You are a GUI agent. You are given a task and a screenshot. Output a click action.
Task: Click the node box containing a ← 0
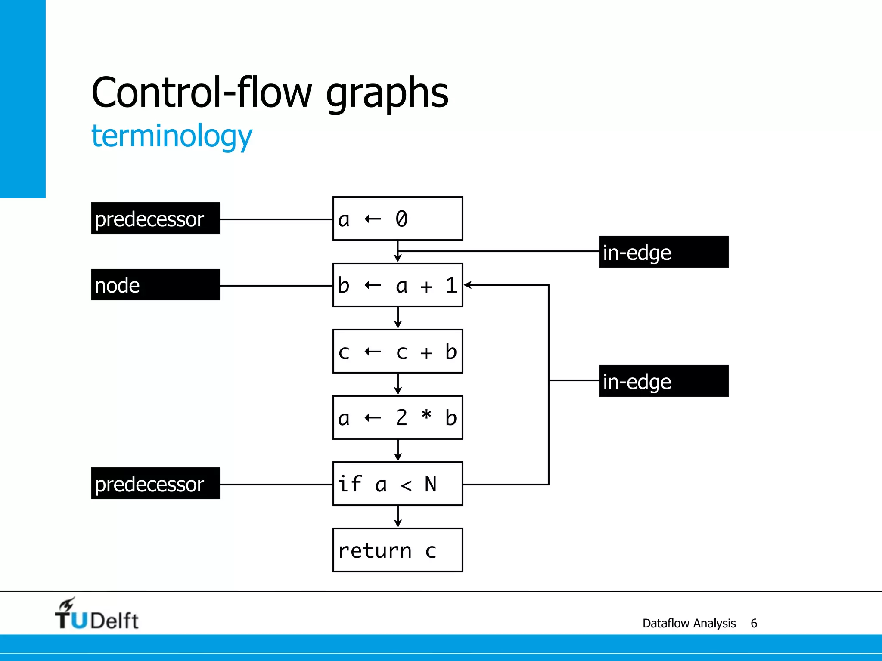pos(398,219)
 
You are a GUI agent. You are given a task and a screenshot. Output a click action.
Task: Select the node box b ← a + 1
pos(398,285)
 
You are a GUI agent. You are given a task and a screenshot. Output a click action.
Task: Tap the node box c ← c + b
pos(398,351)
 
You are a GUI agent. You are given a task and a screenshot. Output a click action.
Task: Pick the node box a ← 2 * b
pos(398,417)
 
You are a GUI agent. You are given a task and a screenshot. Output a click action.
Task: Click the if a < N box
pos(398,484)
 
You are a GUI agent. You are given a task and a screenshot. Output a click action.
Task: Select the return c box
pos(398,550)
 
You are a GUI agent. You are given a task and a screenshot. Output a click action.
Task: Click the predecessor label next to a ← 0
pos(155,219)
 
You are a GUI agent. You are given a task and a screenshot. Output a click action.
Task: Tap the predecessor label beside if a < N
pos(155,484)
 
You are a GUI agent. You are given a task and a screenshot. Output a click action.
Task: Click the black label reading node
pos(155,285)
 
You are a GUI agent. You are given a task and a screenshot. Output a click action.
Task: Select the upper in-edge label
pos(664,252)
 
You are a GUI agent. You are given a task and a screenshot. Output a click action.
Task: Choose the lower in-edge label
pos(664,381)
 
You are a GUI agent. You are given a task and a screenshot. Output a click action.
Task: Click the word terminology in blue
pos(171,136)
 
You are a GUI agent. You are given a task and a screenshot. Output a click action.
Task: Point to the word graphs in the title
pos(387,93)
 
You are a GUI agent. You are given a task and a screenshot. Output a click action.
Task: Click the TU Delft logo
pos(96,615)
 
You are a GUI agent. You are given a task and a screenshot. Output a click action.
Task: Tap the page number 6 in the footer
pos(754,623)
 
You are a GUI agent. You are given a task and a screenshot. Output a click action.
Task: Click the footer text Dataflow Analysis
pos(689,623)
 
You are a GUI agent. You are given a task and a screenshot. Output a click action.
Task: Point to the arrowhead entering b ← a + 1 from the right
pos(468,285)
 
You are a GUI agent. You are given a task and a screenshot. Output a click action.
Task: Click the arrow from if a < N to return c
pos(398,517)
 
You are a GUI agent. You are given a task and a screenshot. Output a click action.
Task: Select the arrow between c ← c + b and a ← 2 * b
pos(398,384)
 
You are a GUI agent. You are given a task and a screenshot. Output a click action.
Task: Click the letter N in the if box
pos(430,484)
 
